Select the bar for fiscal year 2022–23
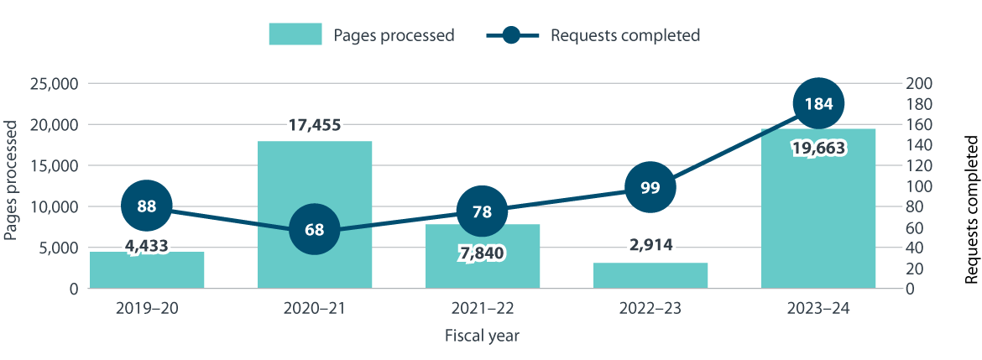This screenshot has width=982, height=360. pos(650,275)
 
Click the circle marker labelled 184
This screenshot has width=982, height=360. pos(818,104)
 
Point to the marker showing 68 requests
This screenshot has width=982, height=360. pos(315,229)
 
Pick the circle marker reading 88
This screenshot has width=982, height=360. pos(147,206)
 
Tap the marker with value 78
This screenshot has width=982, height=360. pos(483,211)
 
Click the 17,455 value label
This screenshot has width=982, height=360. pos(315,125)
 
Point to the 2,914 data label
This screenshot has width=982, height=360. pos(650,246)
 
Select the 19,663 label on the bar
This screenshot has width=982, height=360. pos(818,149)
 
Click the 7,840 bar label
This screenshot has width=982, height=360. pos(483,252)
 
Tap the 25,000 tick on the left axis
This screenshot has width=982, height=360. pos(54,84)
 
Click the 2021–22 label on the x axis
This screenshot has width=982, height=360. pos(483,310)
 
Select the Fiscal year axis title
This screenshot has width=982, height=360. pos(483,337)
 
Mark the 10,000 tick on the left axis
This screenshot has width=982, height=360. pos(54,207)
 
